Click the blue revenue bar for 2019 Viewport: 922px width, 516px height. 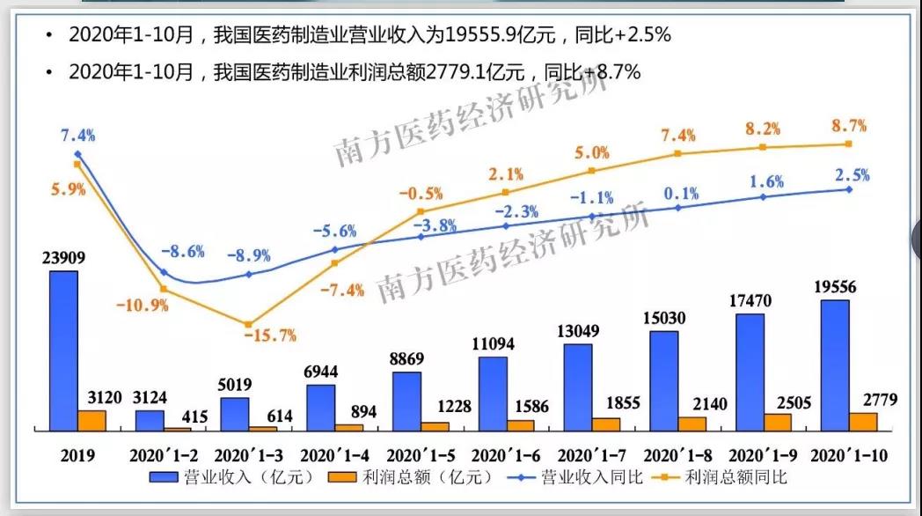coord(63,350)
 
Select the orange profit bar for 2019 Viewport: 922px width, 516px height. coord(91,420)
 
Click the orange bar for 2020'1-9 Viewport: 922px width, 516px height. coord(777,422)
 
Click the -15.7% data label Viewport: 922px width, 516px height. coord(274,335)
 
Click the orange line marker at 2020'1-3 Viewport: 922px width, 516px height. coord(249,325)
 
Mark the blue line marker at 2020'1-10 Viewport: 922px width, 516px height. coord(848,188)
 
